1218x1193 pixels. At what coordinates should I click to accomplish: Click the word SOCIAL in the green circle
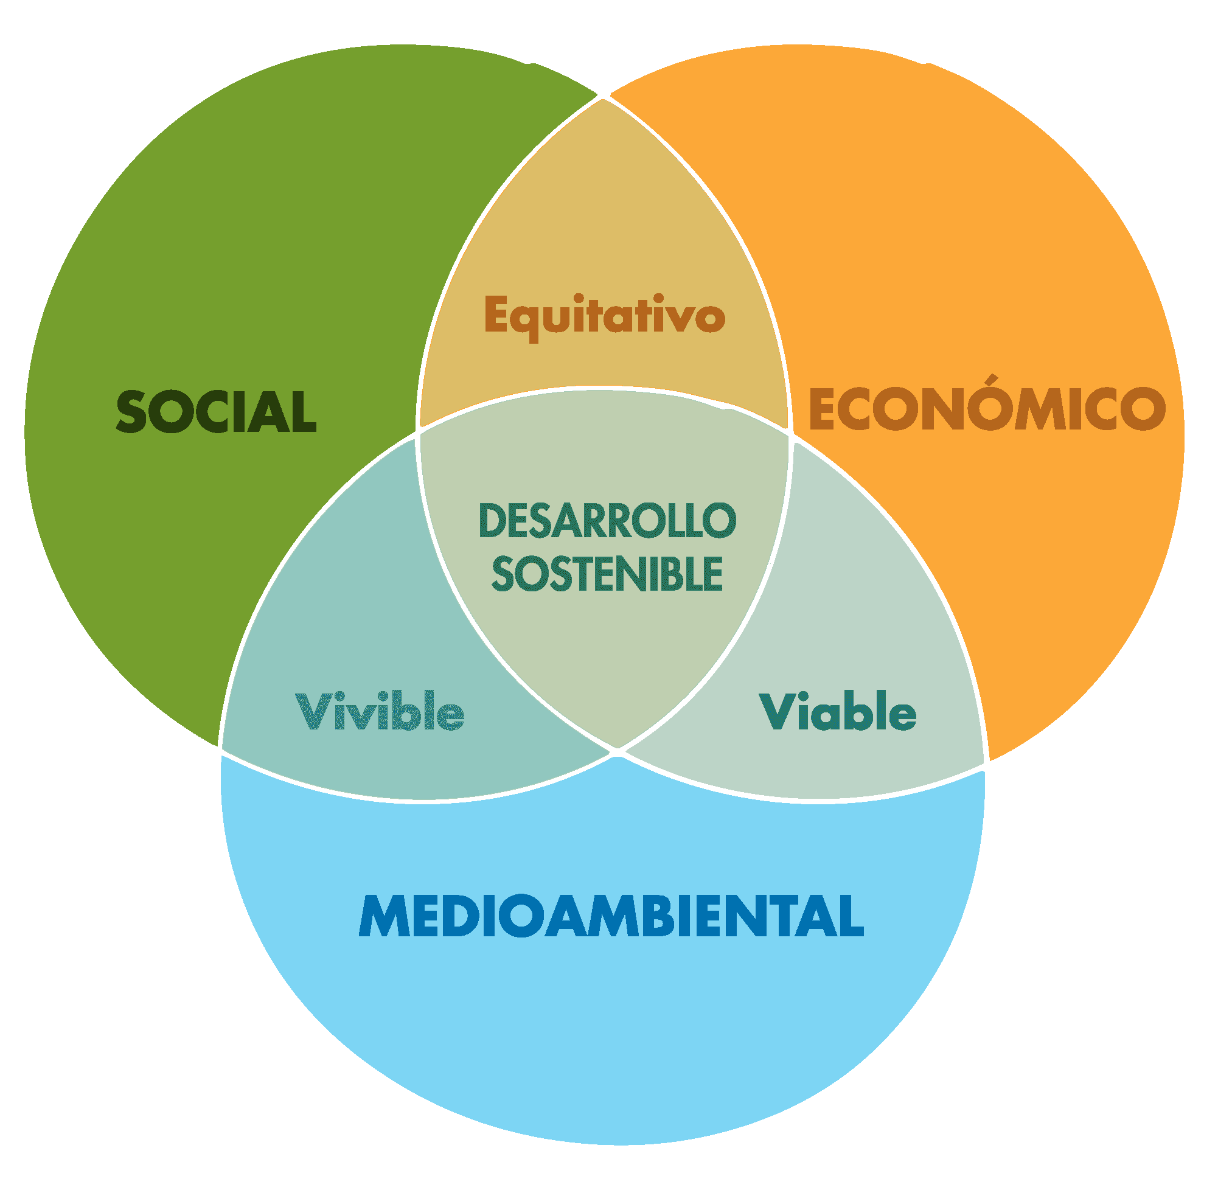pyautogui.click(x=216, y=412)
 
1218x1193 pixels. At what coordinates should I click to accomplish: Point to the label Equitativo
pyautogui.click(x=605, y=317)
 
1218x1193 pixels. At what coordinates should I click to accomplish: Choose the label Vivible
pyautogui.click(x=380, y=711)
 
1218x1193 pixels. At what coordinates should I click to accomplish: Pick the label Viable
pyautogui.click(x=838, y=711)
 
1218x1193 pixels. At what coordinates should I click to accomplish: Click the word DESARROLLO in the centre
pyautogui.click(x=607, y=521)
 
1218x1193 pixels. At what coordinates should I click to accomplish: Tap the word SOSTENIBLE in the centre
pyautogui.click(x=607, y=574)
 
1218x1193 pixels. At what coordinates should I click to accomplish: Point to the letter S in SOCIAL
pyautogui.click(x=131, y=412)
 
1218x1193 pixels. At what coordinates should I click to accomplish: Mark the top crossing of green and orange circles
pyautogui.click(x=603, y=97)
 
